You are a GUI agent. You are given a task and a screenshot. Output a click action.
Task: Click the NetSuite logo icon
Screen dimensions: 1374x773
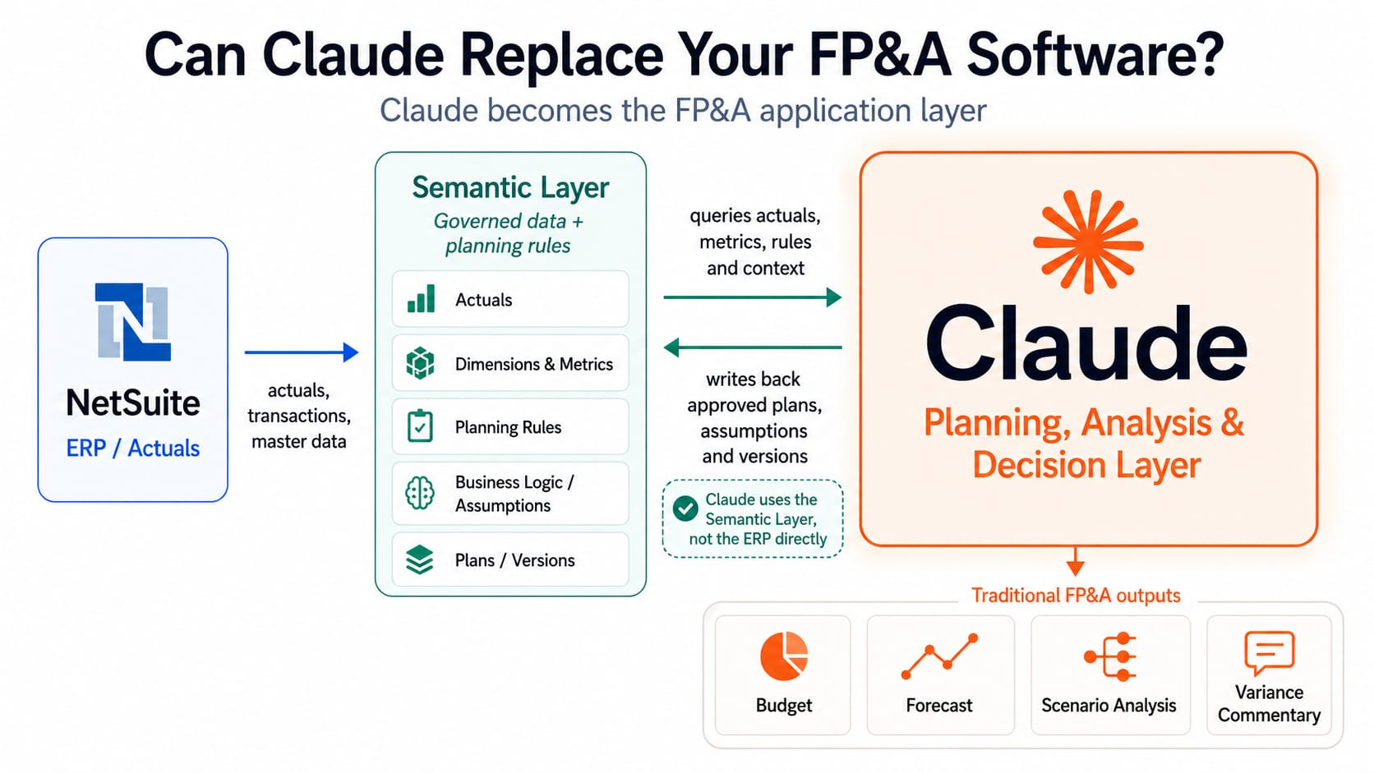pyautogui.click(x=133, y=321)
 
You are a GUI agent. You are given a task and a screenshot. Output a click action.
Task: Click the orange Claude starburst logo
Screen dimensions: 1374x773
pyautogui.click(x=1088, y=242)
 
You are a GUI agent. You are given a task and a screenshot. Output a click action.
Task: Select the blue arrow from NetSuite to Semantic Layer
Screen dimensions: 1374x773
pyautogui.click(x=301, y=352)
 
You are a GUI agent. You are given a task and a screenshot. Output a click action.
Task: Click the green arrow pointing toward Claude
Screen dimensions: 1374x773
pyautogui.click(x=752, y=297)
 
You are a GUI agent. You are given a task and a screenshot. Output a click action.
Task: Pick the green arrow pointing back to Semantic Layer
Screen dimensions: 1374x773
pyautogui.click(x=753, y=347)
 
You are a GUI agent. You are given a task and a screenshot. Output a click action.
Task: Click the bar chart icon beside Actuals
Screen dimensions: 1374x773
pyautogui.click(x=421, y=298)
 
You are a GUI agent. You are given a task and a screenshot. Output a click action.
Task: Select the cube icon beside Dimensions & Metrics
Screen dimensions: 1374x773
pyautogui.click(x=420, y=363)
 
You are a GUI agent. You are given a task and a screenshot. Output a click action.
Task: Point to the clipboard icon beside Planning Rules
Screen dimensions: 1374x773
pyautogui.click(x=420, y=426)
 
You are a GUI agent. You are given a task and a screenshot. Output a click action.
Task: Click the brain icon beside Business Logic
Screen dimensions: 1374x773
pyautogui.click(x=420, y=493)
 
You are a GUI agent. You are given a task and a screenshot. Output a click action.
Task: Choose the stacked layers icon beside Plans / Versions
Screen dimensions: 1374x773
pyautogui.click(x=420, y=559)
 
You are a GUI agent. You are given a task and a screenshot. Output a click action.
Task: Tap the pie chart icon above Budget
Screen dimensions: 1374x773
pyautogui.click(x=784, y=656)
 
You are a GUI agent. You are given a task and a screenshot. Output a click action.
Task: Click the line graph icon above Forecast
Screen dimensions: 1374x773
pyautogui.click(x=939, y=656)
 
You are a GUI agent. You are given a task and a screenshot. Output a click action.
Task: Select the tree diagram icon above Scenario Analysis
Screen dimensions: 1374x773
pyautogui.click(x=1109, y=657)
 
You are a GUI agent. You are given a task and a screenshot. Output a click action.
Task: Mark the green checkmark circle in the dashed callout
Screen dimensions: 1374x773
pyautogui.click(x=685, y=508)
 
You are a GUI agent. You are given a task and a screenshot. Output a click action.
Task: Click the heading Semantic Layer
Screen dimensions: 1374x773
pyautogui.click(x=510, y=188)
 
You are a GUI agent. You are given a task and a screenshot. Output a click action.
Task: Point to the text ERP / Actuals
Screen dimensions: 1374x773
pyautogui.click(x=133, y=448)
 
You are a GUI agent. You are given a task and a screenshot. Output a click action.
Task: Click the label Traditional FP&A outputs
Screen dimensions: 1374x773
pyautogui.click(x=1076, y=596)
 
